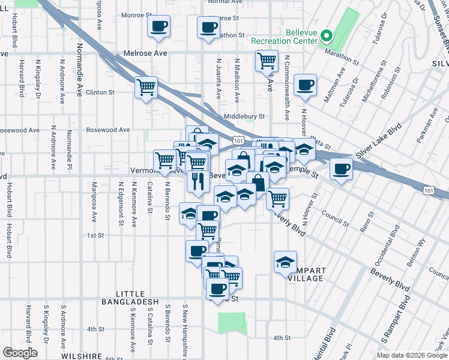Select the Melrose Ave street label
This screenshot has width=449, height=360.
click(x=145, y=53)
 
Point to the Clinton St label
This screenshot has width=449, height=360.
click(x=100, y=92)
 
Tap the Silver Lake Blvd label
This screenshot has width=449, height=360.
click(x=378, y=142)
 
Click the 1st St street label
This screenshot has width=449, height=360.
click(x=96, y=236)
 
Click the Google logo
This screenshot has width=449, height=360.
click(x=20, y=352)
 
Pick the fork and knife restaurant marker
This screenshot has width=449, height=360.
click(x=198, y=180)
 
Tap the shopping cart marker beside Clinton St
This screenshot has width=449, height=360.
click(x=146, y=88)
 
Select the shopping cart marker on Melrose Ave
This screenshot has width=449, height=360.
click(x=266, y=61)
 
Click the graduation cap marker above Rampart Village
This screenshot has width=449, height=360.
click(x=285, y=261)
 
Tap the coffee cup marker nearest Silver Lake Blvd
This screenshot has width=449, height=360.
click(x=341, y=169)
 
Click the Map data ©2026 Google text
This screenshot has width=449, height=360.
click(x=411, y=355)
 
